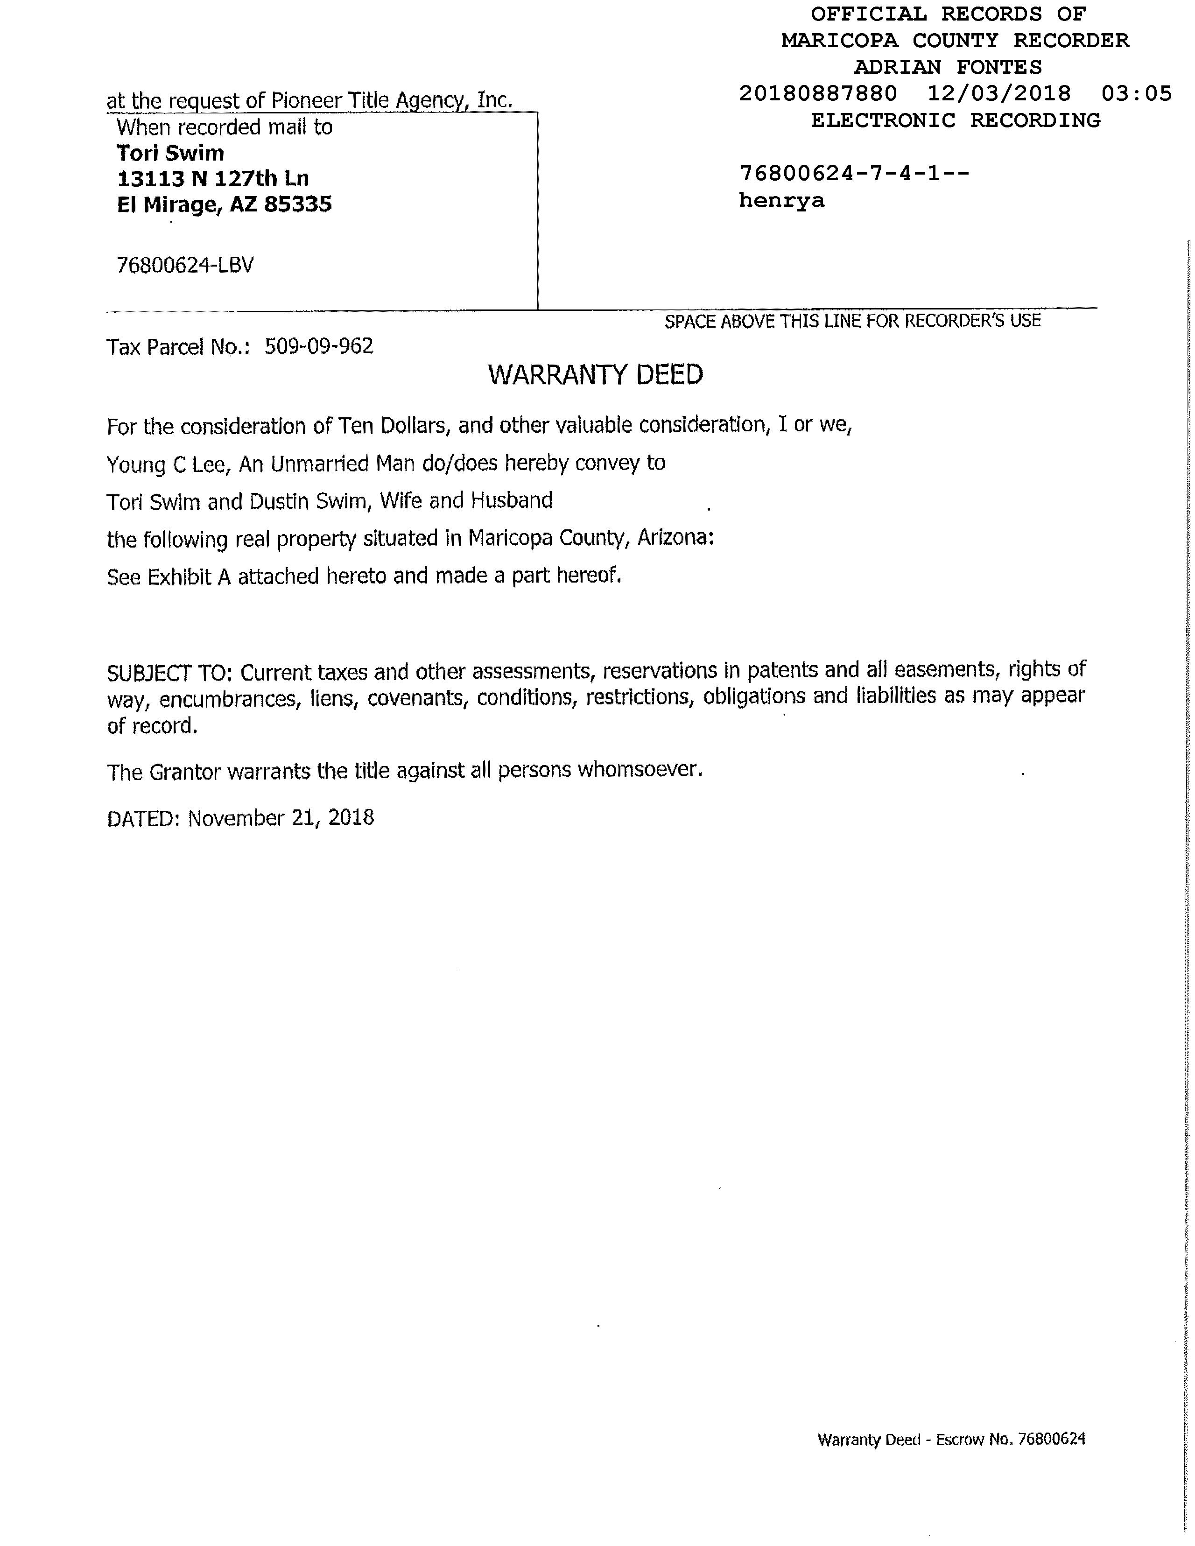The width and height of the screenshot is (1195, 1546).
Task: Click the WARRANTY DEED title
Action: (595, 374)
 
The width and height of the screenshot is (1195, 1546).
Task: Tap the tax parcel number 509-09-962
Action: (318, 346)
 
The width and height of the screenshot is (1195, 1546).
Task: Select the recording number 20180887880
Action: (818, 93)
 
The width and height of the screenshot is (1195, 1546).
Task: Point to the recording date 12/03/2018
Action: (999, 93)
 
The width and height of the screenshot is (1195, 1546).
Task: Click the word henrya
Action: (781, 200)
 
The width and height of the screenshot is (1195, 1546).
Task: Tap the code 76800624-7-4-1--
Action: (854, 174)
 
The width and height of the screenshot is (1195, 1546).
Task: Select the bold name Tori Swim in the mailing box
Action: (170, 153)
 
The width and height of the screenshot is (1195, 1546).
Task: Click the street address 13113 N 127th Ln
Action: (212, 178)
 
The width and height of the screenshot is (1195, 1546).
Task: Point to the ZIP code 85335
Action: (297, 204)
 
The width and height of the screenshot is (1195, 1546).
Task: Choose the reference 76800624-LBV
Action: (185, 266)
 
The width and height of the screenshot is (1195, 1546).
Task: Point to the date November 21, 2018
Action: (281, 818)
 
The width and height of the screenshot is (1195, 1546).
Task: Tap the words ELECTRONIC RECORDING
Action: (955, 120)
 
